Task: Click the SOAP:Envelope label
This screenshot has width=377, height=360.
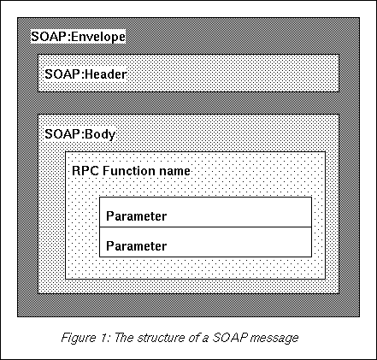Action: click(x=78, y=37)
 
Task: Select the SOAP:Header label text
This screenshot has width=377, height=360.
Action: click(x=85, y=74)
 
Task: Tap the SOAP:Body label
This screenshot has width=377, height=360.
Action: click(x=80, y=134)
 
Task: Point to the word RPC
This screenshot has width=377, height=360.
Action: click(x=85, y=171)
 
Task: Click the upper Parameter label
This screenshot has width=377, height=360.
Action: click(x=136, y=216)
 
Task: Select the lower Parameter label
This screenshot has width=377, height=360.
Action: click(x=136, y=246)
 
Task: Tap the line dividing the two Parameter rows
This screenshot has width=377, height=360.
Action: click(x=205, y=227)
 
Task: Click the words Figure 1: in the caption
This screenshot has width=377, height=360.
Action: click(x=86, y=338)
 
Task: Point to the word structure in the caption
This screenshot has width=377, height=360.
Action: click(x=161, y=338)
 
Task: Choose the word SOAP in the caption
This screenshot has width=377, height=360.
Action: click(x=229, y=338)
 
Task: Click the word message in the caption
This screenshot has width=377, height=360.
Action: click(x=274, y=339)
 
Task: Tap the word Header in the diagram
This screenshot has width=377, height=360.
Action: click(x=106, y=74)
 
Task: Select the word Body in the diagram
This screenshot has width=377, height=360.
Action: click(x=100, y=134)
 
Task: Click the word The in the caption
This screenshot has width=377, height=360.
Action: click(x=124, y=338)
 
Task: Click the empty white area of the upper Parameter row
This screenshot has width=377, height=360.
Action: click(x=239, y=212)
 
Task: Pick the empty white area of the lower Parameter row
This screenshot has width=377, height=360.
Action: click(x=239, y=242)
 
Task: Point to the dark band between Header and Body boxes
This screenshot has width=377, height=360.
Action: click(x=188, y=103)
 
